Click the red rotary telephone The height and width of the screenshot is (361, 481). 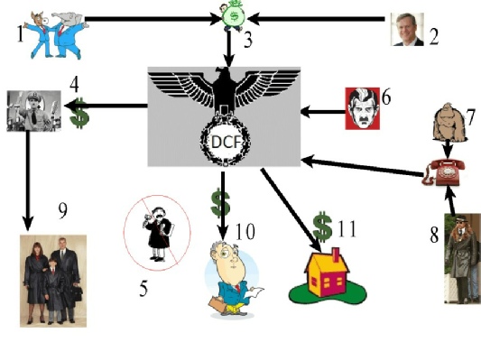click(444, 173)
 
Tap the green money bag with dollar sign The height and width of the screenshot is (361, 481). click(234, 15)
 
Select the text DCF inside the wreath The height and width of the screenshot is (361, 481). click(226, 142)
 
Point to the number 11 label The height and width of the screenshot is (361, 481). click(347, 229)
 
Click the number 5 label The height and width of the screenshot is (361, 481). click(143, 288)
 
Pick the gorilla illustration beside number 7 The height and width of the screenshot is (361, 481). click(449, 122)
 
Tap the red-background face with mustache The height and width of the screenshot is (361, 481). click(363, 108)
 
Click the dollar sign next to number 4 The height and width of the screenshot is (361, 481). click(79, 113)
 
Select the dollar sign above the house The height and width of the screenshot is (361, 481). click(322, 226)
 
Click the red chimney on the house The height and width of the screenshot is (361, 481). click(336, 255)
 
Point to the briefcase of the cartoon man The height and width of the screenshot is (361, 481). click(219, 304)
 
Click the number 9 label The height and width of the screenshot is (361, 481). click(63, 210)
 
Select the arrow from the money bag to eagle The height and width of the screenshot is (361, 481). click(229, 49)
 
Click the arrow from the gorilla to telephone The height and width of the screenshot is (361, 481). click(448, 150)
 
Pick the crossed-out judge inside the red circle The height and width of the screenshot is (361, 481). click(157, 233)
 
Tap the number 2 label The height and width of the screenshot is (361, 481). click(434, 37)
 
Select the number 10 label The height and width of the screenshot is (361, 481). click(245, 231)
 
